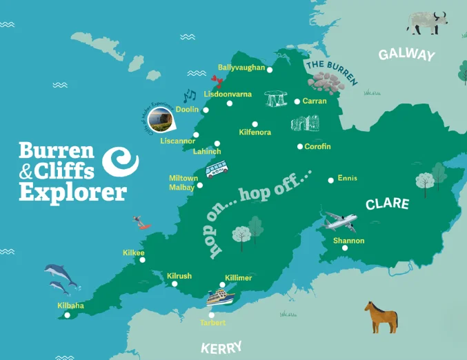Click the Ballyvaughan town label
click(241, 68)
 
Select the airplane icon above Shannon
click(341, 221)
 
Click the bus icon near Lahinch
click(217, 169)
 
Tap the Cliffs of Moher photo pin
click(162, 118)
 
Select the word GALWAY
click(406, 55)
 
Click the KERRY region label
click(221, 347)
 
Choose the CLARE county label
click(387, 204)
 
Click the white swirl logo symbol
click(120, 161)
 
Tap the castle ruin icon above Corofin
click(305, 125)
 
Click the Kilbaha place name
click(70, 304)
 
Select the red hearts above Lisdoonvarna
click(218, 83)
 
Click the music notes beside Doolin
click(190, 95)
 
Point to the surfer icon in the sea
click(142, 221)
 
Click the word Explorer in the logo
click(72, 191)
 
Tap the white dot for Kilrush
click(175, 283)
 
